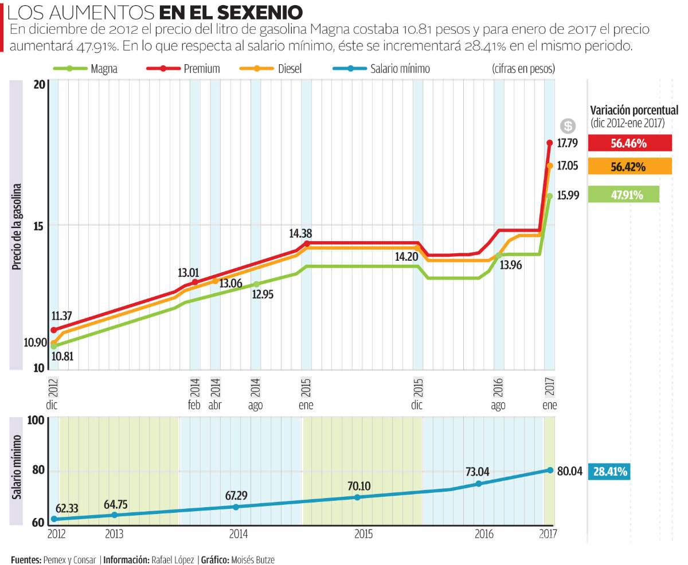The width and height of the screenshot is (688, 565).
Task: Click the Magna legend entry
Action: tap(86, 69)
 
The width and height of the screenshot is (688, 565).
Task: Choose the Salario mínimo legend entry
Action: tap(381, 69)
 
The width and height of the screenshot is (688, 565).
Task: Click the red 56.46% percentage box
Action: tap(630, 143)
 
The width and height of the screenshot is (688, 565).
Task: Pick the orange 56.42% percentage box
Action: tap(630, 167)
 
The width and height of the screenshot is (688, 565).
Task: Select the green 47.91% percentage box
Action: tap(623, 195)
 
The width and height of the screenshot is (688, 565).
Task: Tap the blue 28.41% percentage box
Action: tap(609, 472)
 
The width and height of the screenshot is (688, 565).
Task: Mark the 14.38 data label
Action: tap(301, 233)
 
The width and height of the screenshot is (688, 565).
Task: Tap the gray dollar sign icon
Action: tap(568, 126)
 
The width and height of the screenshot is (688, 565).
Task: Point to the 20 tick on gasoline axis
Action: tap(39, 85)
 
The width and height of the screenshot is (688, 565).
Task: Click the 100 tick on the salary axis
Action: tap(36, 421)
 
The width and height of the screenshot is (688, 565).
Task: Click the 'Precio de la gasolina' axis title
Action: tap(17, 226)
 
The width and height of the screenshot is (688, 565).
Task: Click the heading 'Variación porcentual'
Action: tap(634, 111)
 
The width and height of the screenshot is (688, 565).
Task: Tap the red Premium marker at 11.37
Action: tap(54, 330)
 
